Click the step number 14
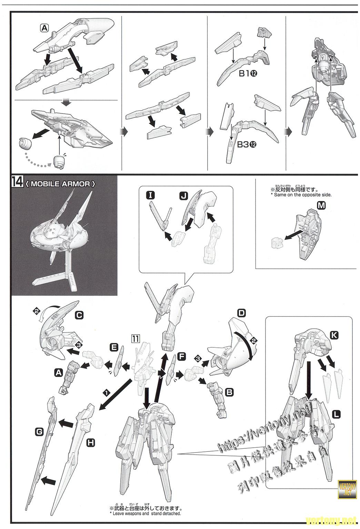pos(17,182)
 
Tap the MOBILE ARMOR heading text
pos(60,184)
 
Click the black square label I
pos(150,195)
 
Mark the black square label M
pos(321,205)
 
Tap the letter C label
pos(79,315)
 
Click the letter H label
pos(90,443)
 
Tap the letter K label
pos(334,335)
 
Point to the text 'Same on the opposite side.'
pos(301,195)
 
